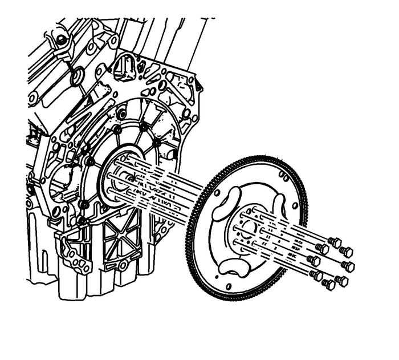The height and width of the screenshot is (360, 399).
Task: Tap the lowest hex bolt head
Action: point(329,284)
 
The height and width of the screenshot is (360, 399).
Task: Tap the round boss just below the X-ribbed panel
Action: point(123,265)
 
